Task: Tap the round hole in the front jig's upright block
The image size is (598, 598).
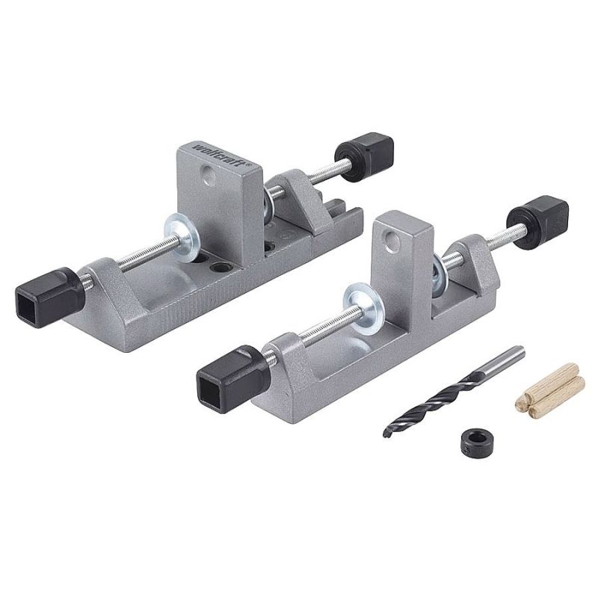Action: point(389,240)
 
